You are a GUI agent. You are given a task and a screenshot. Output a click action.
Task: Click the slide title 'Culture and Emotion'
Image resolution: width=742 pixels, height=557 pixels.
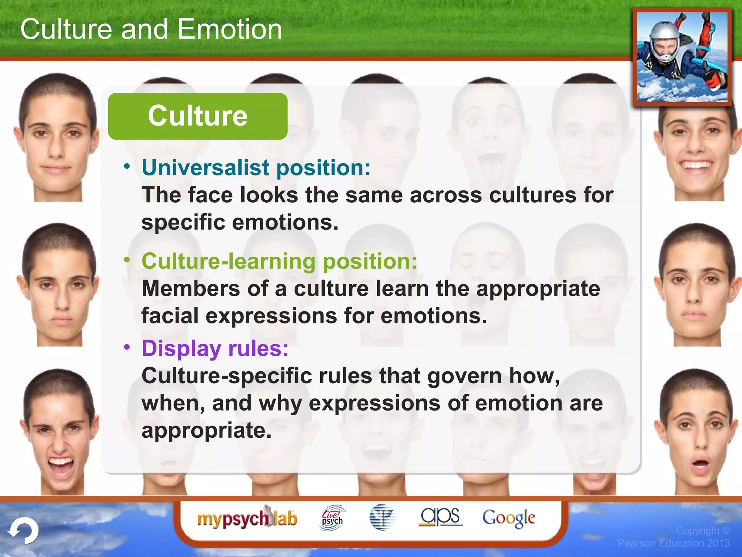pyautogui.click(x=151, y=29)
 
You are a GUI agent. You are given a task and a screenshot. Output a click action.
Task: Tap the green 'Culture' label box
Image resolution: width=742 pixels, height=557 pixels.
pyautogui.click(x=198, y=116)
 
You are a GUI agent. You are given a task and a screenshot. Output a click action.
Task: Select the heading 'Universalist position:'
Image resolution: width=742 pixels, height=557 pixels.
pyautogui.click(x=256, y=168)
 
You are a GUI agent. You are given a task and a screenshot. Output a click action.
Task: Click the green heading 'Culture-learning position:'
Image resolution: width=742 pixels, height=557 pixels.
pyautogui.click(x=279, y=261)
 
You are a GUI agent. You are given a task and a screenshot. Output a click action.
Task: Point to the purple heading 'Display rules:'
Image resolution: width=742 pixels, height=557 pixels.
pyautogui.click(x=215, y=348)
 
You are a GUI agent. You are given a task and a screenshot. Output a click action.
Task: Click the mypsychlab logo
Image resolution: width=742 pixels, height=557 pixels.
pyautogui.click(x=247, y=519)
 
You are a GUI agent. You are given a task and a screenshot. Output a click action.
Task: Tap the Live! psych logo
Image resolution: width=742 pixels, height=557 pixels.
pyautogui.click(x=332, y=518)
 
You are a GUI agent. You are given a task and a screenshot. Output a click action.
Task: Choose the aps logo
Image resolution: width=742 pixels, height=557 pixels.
pyautogui.click(x=440, y=516)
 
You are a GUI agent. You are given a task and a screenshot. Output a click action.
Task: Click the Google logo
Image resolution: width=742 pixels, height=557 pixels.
pyautogui.click(x=508, y=518)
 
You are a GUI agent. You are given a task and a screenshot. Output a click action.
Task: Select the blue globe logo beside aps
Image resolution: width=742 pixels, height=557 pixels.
pyautogui.click(x=382, y=517)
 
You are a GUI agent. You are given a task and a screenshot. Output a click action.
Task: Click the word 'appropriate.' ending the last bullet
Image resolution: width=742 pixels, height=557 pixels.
pyautogui.click(x=207, y=430)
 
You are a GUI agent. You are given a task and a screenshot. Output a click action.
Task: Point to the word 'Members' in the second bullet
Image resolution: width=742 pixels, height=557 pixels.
pyautogui.click(x=191, y=289)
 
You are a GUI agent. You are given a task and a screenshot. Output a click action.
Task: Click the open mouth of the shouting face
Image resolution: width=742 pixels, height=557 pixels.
pyautogui.click(x=61, y=468)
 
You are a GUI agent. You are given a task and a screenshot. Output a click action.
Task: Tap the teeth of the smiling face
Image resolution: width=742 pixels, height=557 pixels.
pyautogui.click(x=696, y=166)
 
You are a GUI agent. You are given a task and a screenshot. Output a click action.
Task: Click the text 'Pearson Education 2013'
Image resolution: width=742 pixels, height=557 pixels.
pyautogui.click(x=674, y=543)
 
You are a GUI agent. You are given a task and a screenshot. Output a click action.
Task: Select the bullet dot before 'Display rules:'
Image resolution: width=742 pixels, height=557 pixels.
pyautogui.click(x=127, y=347)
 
